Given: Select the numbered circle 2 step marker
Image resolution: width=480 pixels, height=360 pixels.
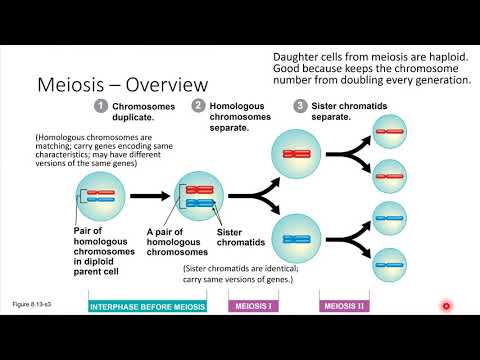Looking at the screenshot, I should pos(199,106).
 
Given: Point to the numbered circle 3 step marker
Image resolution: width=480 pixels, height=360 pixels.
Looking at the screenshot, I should pos(299,106).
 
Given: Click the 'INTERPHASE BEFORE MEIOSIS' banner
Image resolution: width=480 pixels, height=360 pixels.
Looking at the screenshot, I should pos(148,306).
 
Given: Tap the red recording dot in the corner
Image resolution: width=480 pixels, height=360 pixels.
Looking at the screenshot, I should pos(446,305).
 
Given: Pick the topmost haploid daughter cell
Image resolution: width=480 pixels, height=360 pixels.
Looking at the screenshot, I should pos(388,129).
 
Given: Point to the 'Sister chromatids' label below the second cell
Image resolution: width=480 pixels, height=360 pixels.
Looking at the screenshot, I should pos(235,236).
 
